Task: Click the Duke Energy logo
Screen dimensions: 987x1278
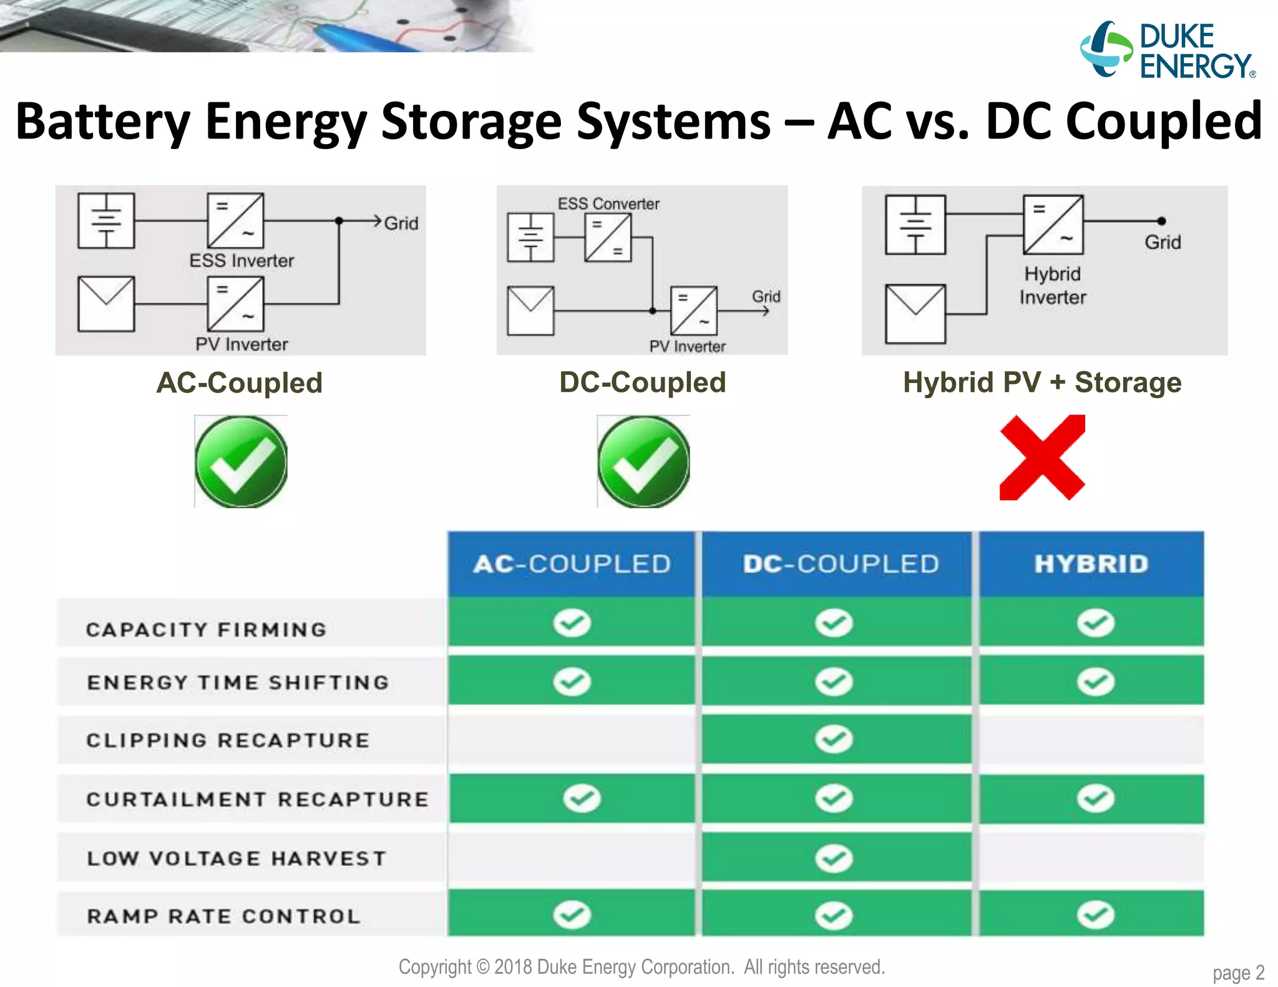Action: click(x=1167, y=51)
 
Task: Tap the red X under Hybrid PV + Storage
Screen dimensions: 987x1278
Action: click(x=1042, y=457)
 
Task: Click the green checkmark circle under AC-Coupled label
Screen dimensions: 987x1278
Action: click(x=241, y=462)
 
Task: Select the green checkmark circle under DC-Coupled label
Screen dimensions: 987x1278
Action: click(x=643, y=462)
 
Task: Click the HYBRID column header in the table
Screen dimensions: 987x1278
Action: click(x=1091, y=564)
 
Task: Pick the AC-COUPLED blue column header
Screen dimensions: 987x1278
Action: click(x=571, y=564)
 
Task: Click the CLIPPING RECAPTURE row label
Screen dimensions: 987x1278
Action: click(x=228, y=741)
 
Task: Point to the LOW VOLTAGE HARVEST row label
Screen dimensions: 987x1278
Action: click(x=237, y=858)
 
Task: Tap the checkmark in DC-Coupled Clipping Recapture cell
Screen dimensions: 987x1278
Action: click(x=834, y=739)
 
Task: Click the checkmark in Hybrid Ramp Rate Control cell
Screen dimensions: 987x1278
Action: click(x=1095, y=915)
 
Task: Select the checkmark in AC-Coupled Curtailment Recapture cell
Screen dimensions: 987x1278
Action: click(x=582, y=798)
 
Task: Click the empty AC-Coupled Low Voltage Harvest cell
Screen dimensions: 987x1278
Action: click(x=571, y=858)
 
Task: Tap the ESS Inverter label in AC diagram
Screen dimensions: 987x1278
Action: click(x=241, y=261)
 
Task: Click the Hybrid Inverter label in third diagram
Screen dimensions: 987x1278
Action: click(x=1052, y=286)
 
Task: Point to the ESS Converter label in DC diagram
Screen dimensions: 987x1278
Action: click(x=608, y=204)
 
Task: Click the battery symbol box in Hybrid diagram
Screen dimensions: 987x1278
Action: click(x=915, y=225)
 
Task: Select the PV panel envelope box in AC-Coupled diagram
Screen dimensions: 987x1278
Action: click(x=106, y=304)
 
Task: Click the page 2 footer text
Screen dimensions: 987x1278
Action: click(x=1238, y=973)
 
